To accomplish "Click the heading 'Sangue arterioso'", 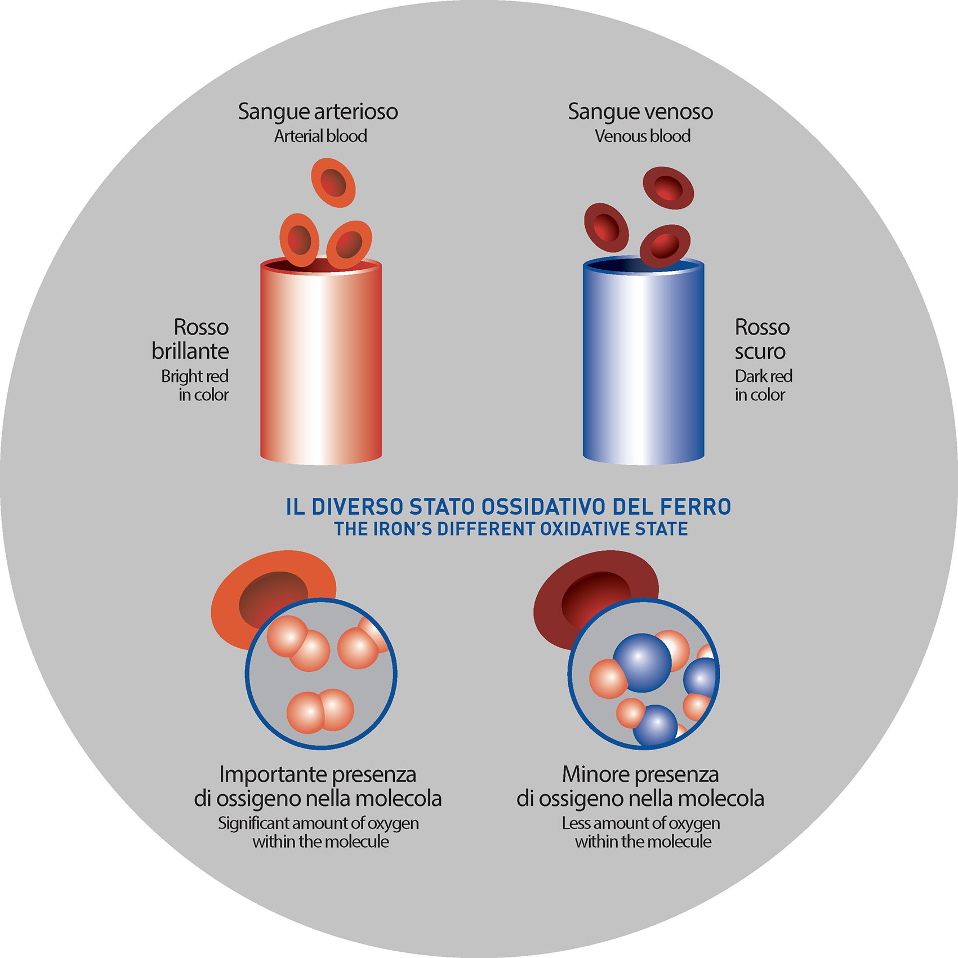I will (x=318, y=112).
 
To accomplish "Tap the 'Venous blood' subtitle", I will (x=642, y=136).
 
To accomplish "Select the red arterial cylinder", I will (x=320, y=366).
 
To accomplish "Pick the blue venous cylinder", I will (x=643, y=366).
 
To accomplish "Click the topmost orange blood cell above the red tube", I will (x=333, y=182).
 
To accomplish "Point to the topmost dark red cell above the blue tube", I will (x=668, y=187).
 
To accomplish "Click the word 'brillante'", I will (x=190, y=351).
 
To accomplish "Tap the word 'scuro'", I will (x=759, y=351).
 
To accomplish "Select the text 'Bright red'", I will (x=195, y=376).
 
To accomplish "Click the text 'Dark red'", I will (x=763, y=376).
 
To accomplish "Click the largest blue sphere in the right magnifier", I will (x=642, y=662).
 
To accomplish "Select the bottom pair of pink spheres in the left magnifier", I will (x=320, y=711).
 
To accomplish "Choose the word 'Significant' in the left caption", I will (x=253, y=823).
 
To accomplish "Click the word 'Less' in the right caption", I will (x=576, y=823).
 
